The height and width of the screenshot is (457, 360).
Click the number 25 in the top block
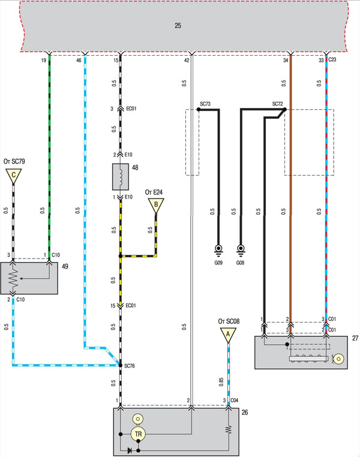coord(178,26)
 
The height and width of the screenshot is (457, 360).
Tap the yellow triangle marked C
coord(13,176)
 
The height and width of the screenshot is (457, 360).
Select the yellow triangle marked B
coord(156,204)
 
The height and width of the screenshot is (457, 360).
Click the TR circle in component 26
coord(138,434)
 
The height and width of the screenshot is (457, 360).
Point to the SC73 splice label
coord(205,104)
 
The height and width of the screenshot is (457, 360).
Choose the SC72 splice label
coord(277,104)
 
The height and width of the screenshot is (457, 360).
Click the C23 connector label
coord(332,60)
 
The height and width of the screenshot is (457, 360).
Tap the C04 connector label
coord(235,400)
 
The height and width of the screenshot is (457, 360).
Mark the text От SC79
coord(14,161)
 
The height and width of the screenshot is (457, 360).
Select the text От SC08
coord(229,321)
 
